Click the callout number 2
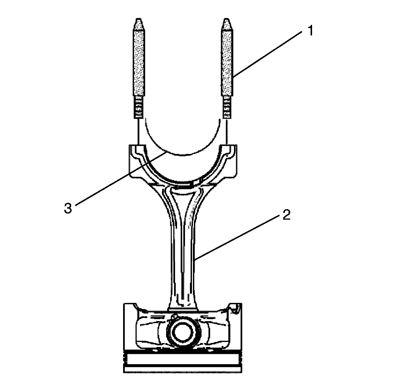(x=286, y=215)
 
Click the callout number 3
(x=68, y=208)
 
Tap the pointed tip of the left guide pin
(x=139, y=19)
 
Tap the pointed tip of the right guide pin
(x=227, y=19)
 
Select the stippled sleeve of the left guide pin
(x=139, y=63)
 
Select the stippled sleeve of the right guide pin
(x=227, y=63)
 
